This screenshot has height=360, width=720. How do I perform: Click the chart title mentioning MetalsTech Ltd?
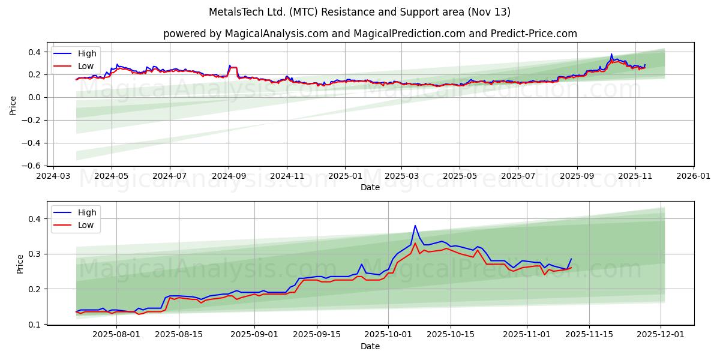360,12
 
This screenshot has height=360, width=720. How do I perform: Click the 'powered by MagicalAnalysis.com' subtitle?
370,34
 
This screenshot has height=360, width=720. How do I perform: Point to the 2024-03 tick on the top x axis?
54,176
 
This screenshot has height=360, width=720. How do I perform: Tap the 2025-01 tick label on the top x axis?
345,176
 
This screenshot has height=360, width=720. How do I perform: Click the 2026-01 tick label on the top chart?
693,176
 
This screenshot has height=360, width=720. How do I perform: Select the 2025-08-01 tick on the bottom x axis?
116,335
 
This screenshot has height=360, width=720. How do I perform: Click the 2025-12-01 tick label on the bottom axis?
661,335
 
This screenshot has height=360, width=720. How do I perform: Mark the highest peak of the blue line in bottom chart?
415,226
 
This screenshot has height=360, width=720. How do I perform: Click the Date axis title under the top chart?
370,187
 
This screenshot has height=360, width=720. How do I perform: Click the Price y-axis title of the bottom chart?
20,263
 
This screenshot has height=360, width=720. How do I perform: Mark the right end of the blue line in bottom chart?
571,259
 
